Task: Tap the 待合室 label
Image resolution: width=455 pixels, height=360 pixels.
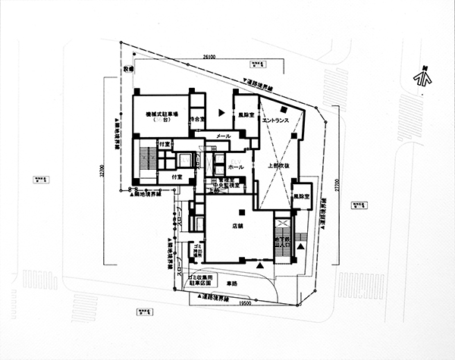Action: [x=198, y=120]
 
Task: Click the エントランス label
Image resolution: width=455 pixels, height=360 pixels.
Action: [x=272, y=120]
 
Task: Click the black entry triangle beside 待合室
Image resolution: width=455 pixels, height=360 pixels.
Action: [x=221, y=112]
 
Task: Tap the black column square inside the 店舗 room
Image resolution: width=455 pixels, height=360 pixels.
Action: [x=240, y=211]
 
